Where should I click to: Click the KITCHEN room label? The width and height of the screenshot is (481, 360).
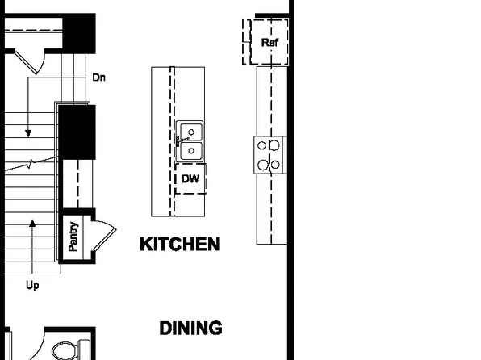click(x=179, y=244)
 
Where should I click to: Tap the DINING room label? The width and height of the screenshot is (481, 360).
click(x=190, y=329)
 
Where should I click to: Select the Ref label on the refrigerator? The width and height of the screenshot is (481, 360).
click(x=270, y=42)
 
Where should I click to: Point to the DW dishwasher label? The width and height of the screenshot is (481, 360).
click(x=190, y=178)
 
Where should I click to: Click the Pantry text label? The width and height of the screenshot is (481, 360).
click(x=73, y=237)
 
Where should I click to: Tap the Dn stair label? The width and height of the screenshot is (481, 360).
click(x=99, y=77)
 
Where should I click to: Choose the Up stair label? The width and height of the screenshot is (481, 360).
click(x=32, y=285)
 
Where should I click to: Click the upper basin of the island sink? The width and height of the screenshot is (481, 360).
click(x=191, y=131)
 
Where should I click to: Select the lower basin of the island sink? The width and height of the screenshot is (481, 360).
click(x=191, y=149)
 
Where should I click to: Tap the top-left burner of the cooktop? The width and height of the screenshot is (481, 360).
click(x=262, y=145)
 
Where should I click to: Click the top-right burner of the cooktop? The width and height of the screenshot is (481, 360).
click(x=275, y=145)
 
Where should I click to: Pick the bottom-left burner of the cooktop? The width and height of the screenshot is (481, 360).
click(x=262, y=164)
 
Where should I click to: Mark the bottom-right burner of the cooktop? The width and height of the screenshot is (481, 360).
click(x=275, y=164)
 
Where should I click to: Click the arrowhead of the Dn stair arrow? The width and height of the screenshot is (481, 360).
click(x=28, y=132)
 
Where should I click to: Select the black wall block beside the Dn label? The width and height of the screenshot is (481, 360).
click(x=79, y=35)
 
